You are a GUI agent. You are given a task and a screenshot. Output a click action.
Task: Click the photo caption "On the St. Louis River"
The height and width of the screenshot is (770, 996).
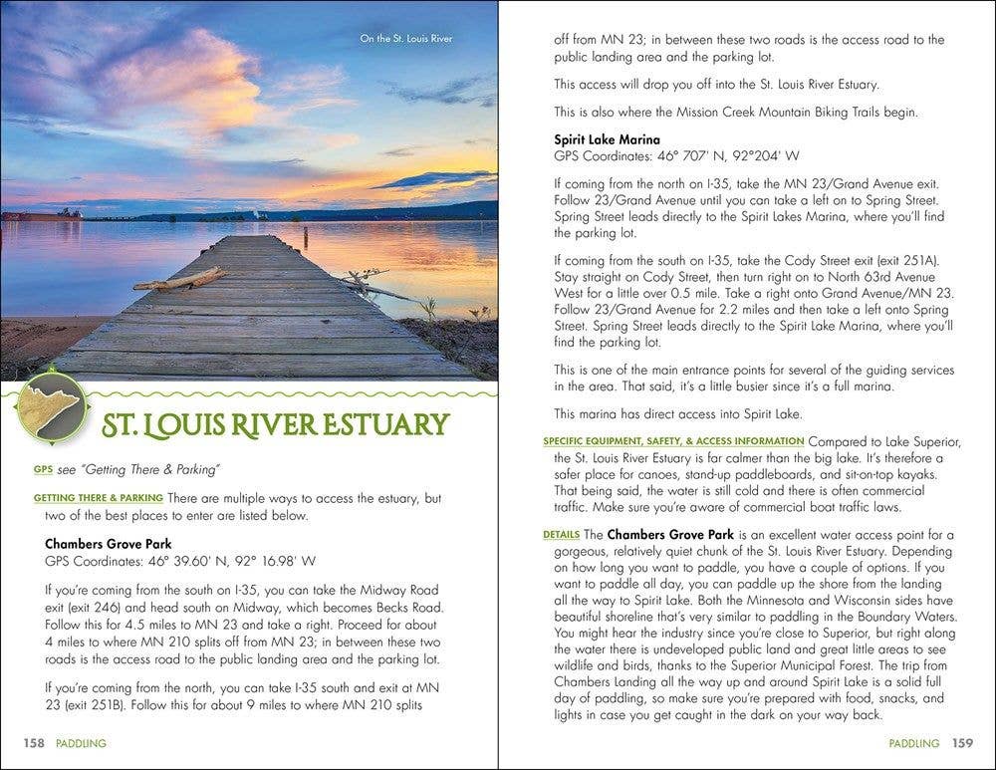(406, 40)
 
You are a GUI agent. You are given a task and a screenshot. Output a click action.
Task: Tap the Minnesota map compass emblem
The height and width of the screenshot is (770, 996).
(50, 406)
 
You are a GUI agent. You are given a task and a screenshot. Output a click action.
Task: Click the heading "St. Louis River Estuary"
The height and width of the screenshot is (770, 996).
(276, 424)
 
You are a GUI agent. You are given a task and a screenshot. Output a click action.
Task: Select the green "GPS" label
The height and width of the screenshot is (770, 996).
(42, 469)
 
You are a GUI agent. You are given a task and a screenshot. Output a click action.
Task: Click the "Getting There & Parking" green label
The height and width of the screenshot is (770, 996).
(98, 497)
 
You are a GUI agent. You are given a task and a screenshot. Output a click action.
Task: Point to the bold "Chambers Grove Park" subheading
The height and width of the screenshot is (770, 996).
(108, 544)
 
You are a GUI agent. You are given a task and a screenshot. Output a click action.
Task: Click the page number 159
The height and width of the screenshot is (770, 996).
(961, 743)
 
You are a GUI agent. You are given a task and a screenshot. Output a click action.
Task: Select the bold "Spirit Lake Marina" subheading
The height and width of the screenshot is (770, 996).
(607, 139)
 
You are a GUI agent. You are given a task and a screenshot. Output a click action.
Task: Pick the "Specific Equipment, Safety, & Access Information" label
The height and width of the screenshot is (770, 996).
(673, 440)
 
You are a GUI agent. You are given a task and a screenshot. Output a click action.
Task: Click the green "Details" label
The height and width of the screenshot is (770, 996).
(562, 535)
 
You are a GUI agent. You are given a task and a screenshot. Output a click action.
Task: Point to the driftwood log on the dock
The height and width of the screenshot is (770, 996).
(179, 279)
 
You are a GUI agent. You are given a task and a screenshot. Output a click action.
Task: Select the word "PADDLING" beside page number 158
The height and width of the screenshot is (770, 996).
(81, 743)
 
